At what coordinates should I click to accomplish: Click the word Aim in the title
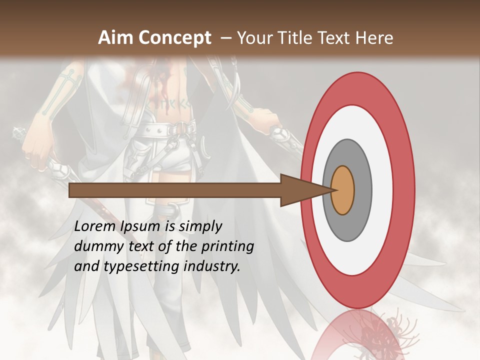tap(116, 38)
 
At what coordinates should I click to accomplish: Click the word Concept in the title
tap(174, 38)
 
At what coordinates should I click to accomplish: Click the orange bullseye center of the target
tap(343, 190)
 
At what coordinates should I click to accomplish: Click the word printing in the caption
tap(228, 247)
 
